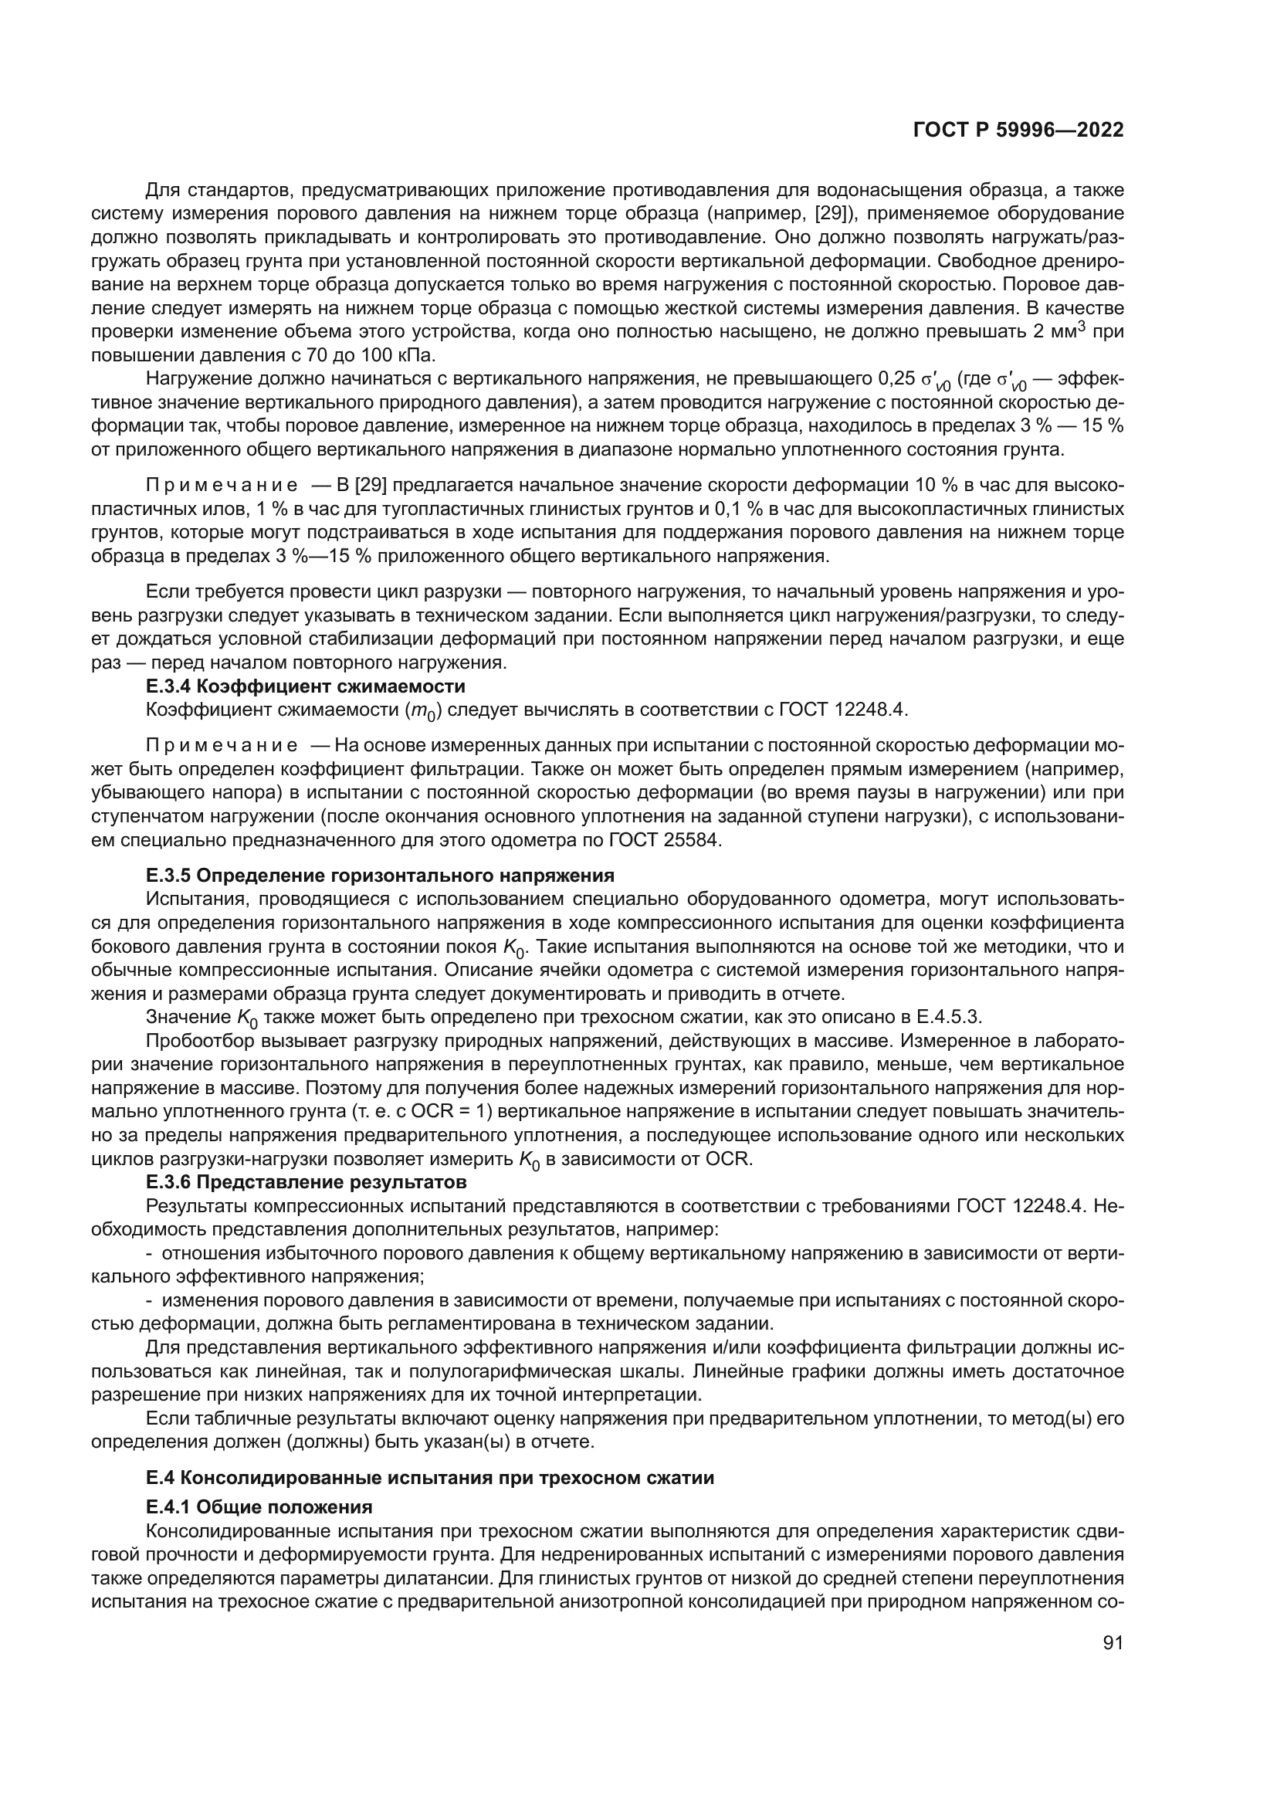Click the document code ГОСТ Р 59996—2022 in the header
pos(1018,130)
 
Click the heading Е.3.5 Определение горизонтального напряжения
pos(380,875)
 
